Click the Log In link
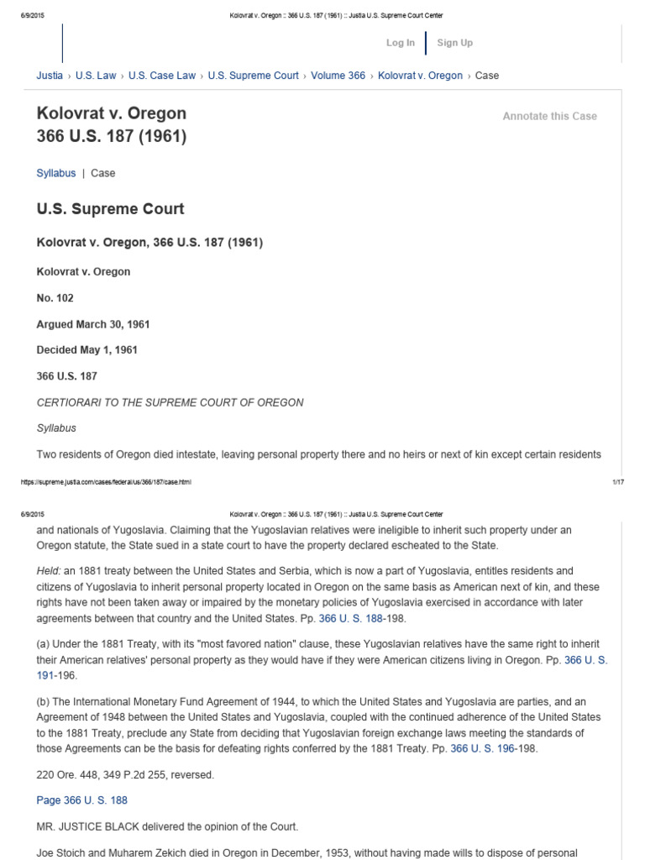[400, 43]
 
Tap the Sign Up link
[454, 43]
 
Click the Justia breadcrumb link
[50, 76]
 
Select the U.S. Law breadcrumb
[96, 76]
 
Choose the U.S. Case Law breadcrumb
[162, 76]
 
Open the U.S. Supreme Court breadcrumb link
[253, 76]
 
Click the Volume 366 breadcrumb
[338, 76]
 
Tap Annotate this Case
[549, 116]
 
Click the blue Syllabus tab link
[55, 173]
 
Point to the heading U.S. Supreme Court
[110, 208]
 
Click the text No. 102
[56, 298]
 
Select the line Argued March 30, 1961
[93, 324]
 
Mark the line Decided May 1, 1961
[87, 350]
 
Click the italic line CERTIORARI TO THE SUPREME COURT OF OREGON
[170, 402]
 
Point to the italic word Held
[49, 570]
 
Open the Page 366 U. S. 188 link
[82, 800]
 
